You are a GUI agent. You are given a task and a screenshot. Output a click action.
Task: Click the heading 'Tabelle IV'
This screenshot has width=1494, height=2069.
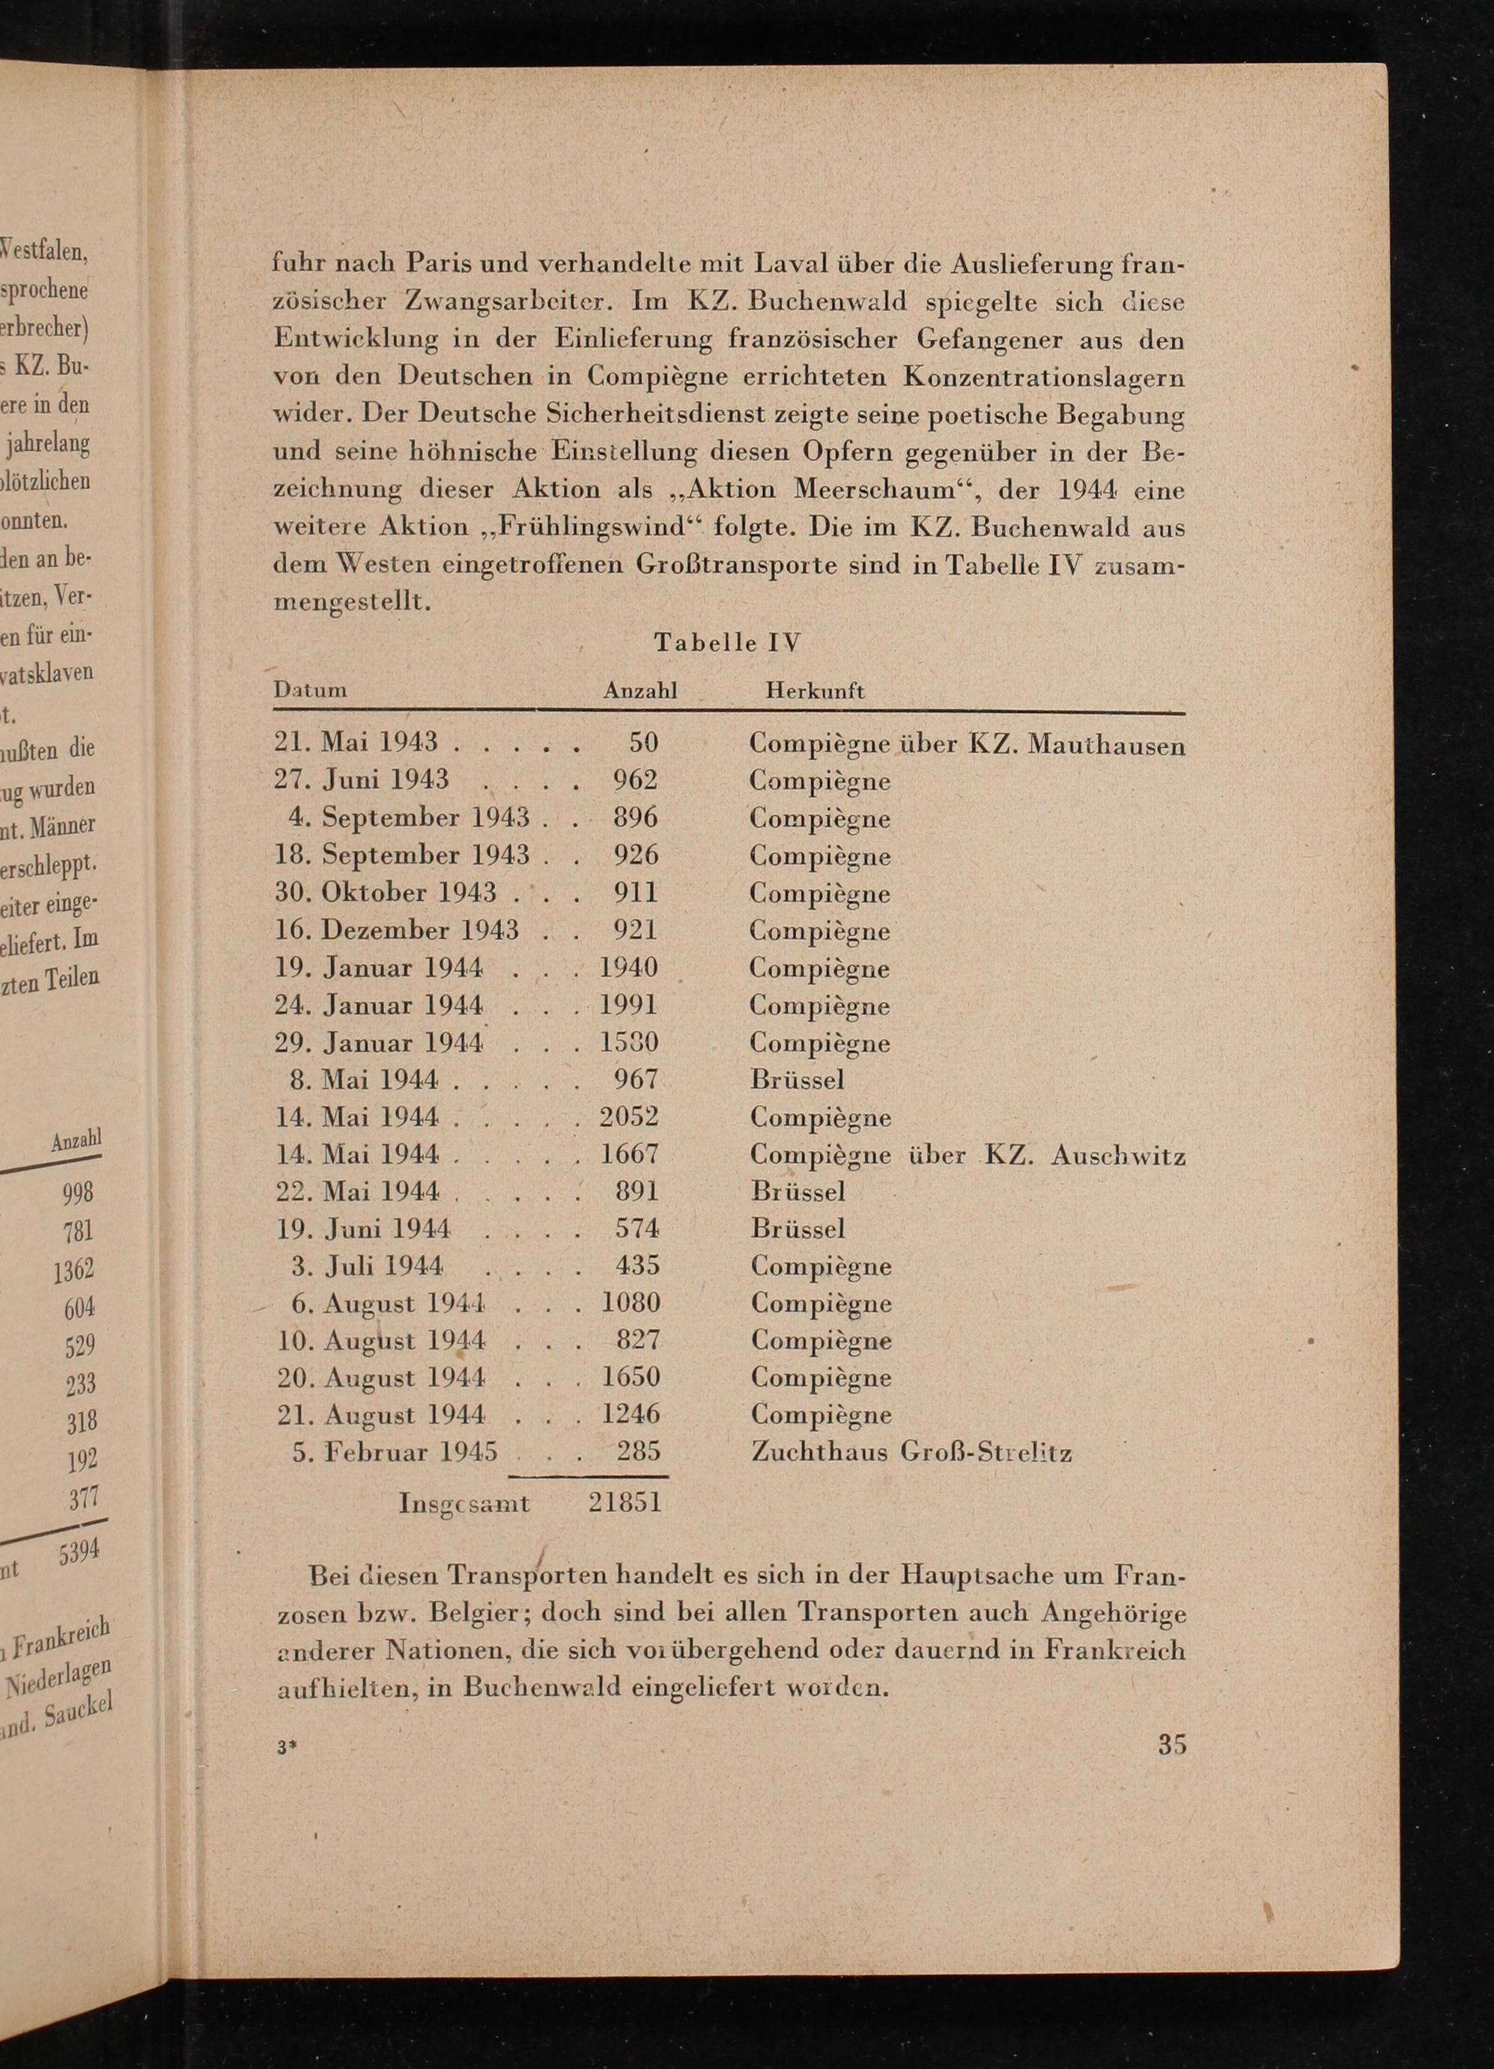[x=727, y=642]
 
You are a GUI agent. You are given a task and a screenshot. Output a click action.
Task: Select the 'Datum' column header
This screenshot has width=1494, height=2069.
[x=310, y=690]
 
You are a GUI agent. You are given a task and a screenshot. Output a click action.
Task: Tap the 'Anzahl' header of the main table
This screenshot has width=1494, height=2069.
[x=640, y=690]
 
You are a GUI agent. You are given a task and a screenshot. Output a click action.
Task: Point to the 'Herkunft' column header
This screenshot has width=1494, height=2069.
[x=815, y=690]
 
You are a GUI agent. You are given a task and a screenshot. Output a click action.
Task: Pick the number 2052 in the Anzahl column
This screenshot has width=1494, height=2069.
[x=629, y=1116]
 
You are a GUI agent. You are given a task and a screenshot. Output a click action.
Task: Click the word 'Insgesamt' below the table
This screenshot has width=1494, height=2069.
[x=464, y=1502]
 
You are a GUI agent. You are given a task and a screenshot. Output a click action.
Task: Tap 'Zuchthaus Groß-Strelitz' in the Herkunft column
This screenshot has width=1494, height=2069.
[x=911, y=1451]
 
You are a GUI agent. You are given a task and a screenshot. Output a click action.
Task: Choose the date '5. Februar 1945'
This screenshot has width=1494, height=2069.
[x=394, y=1451]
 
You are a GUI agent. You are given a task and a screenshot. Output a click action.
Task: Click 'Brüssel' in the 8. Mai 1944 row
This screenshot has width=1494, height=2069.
[x=797, y=1079]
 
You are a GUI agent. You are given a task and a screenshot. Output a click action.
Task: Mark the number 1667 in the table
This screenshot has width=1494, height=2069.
[x=629, y=1153]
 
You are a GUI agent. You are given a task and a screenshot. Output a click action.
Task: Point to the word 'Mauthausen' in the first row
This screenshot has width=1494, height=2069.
[x=1106, y=745]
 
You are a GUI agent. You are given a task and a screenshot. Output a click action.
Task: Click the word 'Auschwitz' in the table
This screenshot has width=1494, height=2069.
[x=1117, y=1156]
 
